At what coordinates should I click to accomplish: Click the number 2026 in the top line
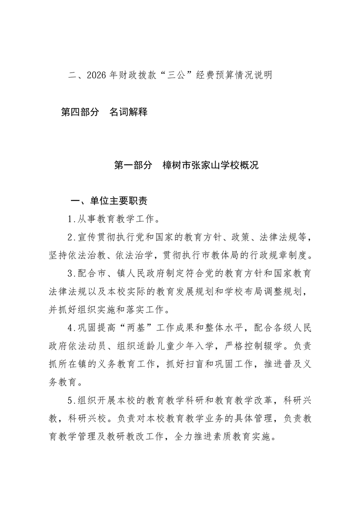pyautogui.click(x=97, y=75)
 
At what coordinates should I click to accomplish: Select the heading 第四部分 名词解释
pyautogui.click(x=104, y=112)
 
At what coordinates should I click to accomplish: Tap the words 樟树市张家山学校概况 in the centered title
pyautogui.click(x=211, y=166)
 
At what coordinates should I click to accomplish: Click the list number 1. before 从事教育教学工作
pyautogui.click(x=71, y=220)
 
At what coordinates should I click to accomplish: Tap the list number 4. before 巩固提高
pyautogui.click(x=71, y=328)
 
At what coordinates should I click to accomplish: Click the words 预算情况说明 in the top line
pyautogui.click(x=245, y=75)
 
